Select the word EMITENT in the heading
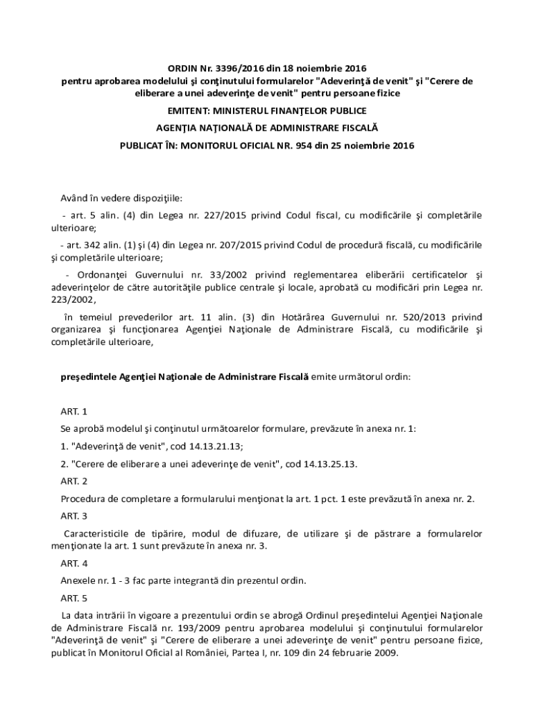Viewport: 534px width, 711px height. tap(189, 110)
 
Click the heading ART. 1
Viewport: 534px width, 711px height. tap(74, 412)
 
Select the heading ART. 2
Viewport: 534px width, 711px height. tap(74, 480)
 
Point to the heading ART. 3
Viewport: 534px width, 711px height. tap(74, 516)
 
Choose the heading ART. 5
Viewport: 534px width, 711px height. tap(74, 598)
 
